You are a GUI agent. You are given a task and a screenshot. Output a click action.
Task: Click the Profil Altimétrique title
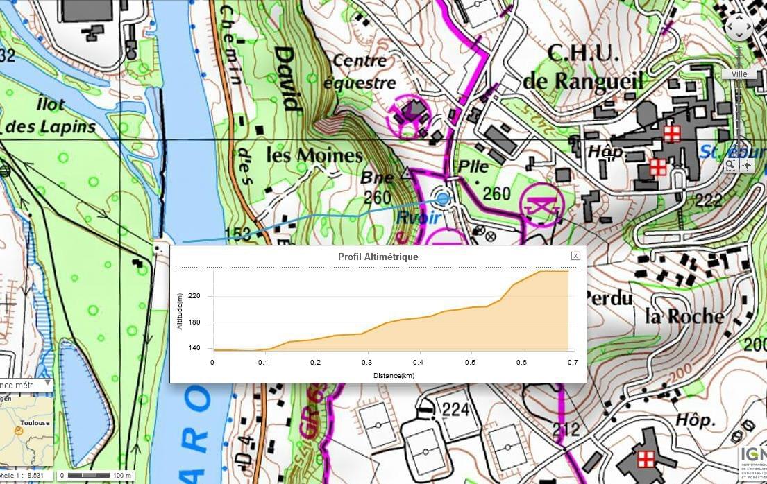[x=378, y=257]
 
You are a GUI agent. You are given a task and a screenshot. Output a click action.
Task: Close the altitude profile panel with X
[x=575, y=256]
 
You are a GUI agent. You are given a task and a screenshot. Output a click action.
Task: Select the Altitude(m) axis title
[x=179, y=311]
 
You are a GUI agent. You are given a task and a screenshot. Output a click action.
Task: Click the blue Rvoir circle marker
[x=442, y=199]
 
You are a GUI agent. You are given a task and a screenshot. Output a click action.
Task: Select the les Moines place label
[x=314, y=155]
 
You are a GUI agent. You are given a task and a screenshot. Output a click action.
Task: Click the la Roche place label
[x=684, y=316]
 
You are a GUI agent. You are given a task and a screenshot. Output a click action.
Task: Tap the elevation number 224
[x=455, y=409]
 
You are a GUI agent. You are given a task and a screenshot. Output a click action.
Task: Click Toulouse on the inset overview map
[x=34, y=422]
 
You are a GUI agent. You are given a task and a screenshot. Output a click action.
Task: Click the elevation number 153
[x=237, y=234]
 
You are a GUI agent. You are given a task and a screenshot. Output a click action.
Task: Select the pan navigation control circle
[x=739, y=28]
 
